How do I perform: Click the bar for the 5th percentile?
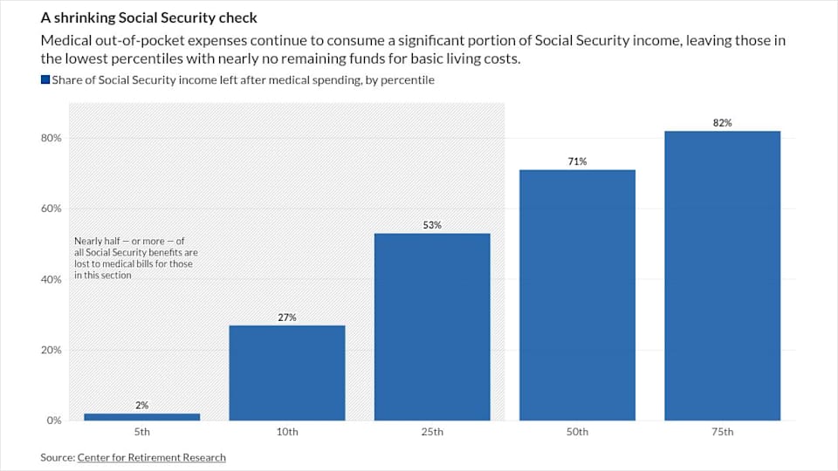click(141, 417)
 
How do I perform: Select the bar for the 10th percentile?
click(287, 372)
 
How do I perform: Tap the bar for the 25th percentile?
click(432, 327)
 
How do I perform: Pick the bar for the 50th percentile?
click(577, 295)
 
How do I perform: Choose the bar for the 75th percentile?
click(722, 276)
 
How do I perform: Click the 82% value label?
click(722, 123)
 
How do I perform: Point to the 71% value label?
click(577, 161)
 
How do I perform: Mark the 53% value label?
click(432, 225)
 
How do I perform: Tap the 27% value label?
click(287, 317)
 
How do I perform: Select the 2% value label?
click(141, 406)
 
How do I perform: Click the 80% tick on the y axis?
click(51, 138)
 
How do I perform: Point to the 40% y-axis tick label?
click(51, 279)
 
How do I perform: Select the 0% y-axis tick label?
click(53, 420)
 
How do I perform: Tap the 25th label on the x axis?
click(432, 432)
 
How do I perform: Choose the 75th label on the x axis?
click(722, 432)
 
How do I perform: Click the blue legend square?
click(45, 80)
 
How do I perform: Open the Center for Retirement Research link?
click(151, 457)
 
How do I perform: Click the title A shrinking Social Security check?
click(148, 18)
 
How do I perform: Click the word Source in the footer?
click(57, 457)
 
